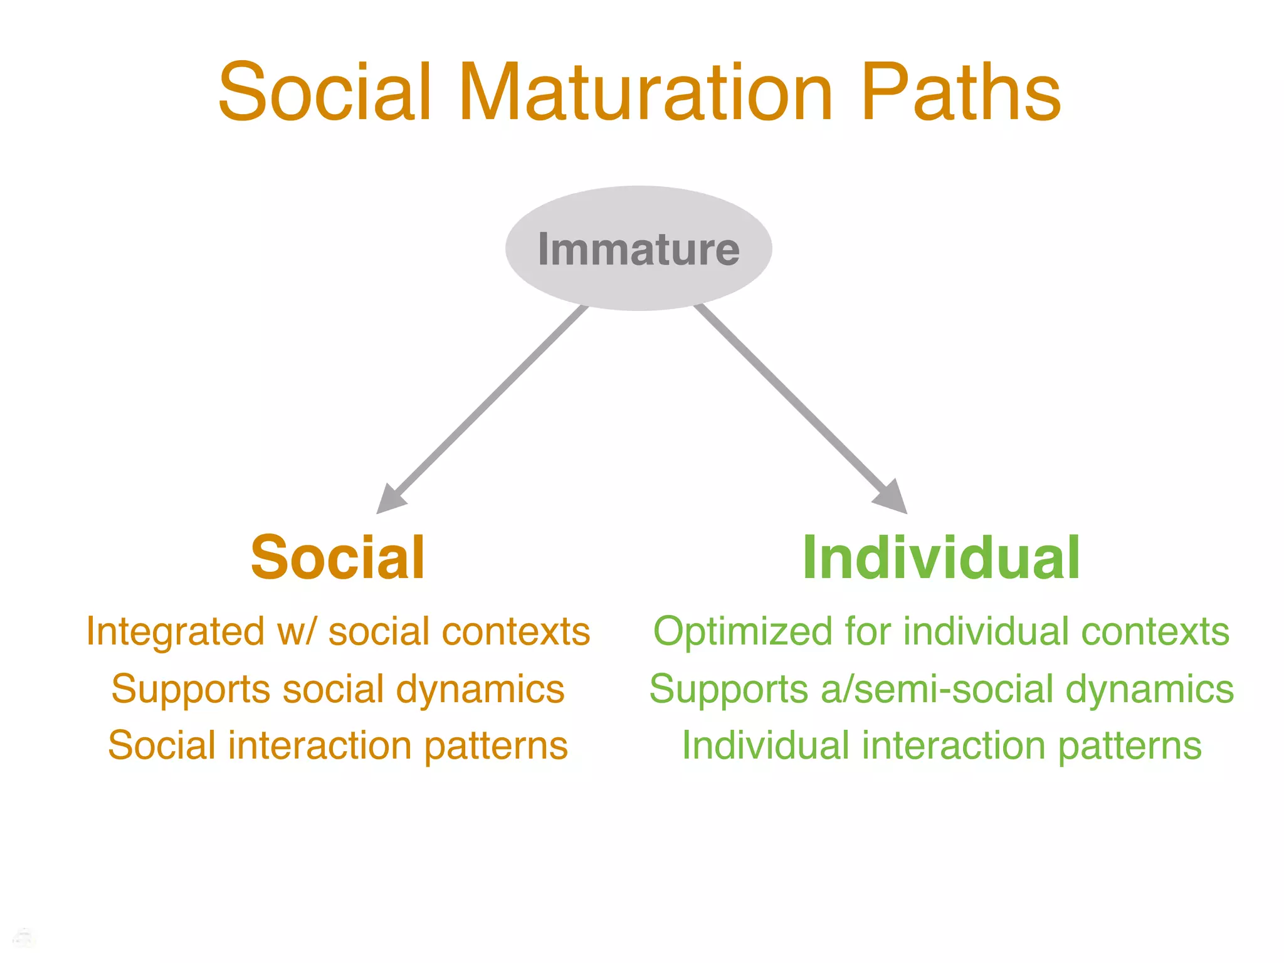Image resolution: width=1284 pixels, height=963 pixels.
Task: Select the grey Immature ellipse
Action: (x=638, y=248)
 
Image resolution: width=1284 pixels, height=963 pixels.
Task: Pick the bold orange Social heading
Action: (x=338, y=557)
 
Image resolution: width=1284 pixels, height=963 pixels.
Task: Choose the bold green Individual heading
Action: (x=941, y=557)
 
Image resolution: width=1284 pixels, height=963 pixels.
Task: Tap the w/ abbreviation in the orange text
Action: (x=300, y=631)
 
